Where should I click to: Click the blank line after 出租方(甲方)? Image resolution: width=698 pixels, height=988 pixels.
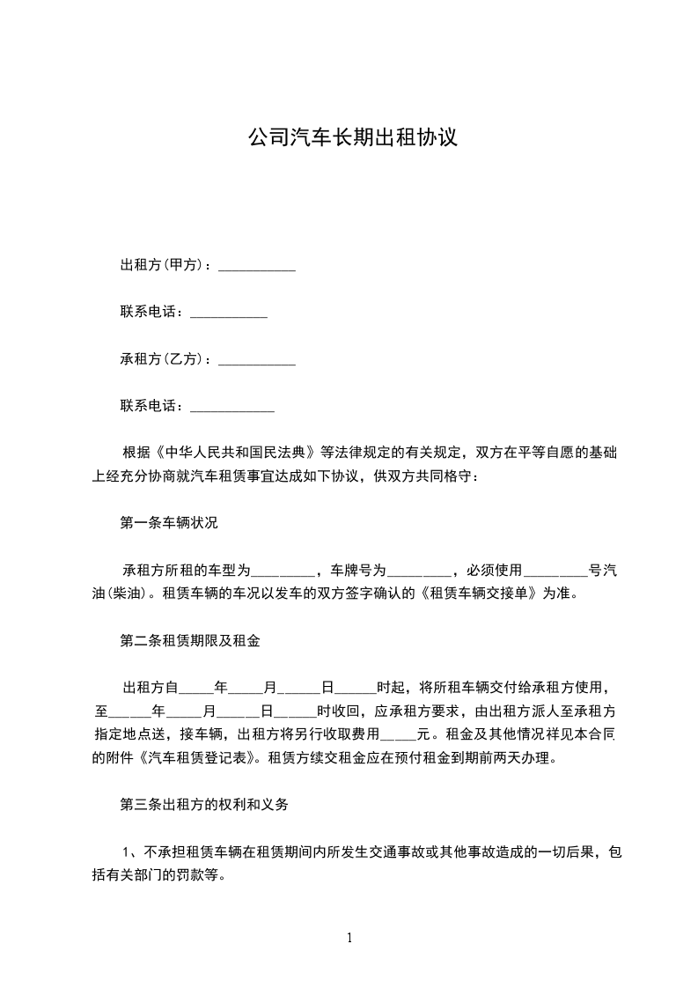pos(256,265)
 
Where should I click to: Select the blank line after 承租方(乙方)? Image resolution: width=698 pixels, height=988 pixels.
pos(256,359)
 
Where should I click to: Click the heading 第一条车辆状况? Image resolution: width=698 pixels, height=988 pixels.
pos(169,522)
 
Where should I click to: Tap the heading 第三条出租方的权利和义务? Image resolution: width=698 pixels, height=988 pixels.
pos(204,804)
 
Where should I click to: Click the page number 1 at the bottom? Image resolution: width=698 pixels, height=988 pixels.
pos(349,938)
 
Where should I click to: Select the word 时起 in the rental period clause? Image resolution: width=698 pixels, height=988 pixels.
pos(390,688)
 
